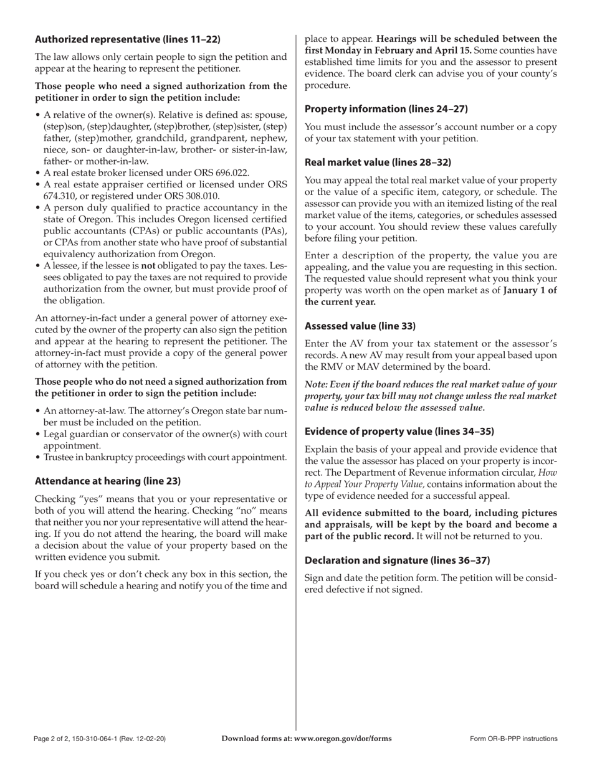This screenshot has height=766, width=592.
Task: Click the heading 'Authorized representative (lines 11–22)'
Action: (128, 39)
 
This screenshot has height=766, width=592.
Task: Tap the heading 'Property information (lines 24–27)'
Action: (386, 109)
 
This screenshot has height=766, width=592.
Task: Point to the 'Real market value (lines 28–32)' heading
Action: (378, 163)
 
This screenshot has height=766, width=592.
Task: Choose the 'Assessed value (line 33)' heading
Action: (360, 326)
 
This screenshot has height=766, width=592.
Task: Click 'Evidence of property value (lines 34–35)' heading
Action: (399, 431)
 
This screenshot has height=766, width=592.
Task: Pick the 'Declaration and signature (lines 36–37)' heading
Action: (397, 560)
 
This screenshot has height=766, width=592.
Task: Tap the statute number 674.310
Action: (60, 196)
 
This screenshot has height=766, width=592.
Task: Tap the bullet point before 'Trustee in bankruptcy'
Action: (38, 457)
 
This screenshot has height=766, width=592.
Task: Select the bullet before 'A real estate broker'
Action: (38, 173)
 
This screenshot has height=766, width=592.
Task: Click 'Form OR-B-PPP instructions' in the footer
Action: (513, 739)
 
